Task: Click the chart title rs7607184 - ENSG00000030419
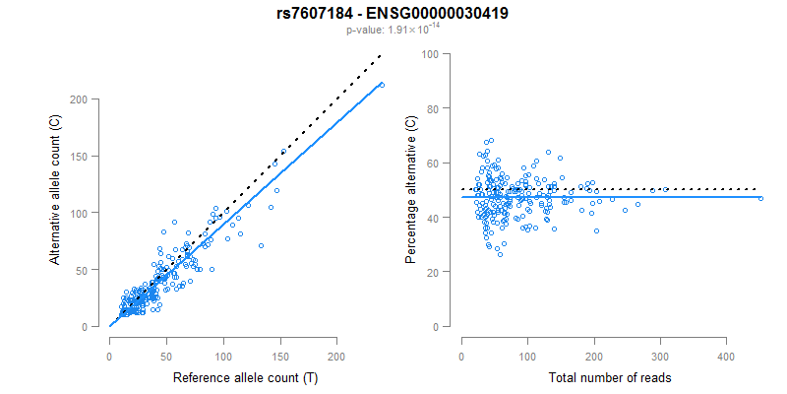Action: (x=393, y=13)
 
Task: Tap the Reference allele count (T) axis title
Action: (x=245, y=378)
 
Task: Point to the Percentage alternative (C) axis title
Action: (x=410, y=190)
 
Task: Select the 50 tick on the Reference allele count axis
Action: (x=166, y=356)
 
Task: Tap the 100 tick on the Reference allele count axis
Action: (x=223, y=356)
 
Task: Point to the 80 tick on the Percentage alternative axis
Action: (x=431, y=108)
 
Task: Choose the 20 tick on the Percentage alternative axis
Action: (x=431, y=271)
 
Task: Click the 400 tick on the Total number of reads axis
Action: (x=725, y=356)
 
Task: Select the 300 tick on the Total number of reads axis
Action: (x=659, y=356)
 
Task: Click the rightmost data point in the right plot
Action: (x=760, y=198)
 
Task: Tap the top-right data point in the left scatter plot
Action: (x=381, y=85)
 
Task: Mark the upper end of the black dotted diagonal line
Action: (x=381, y=56)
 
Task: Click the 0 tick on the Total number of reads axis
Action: (x=461, y=356)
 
